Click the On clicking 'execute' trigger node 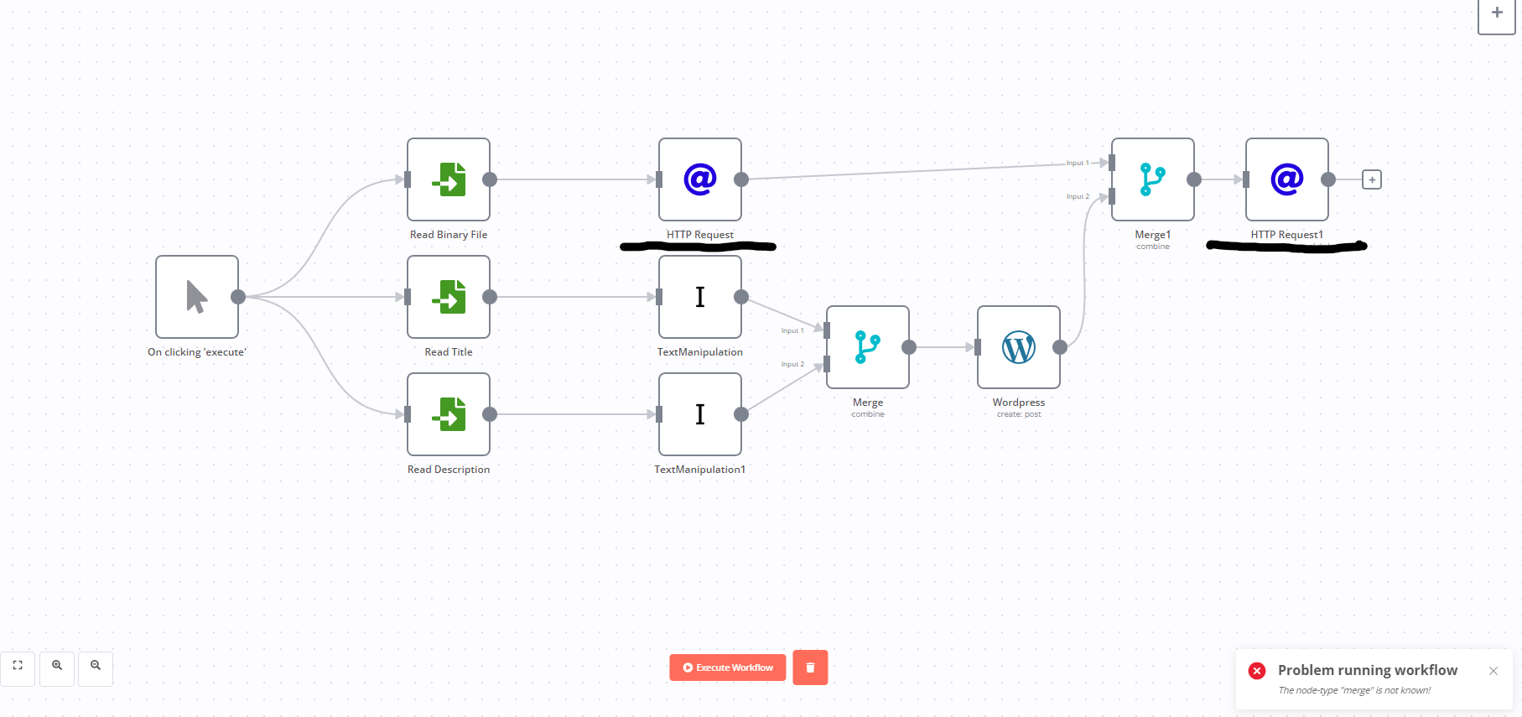pyautogui.click(x=197, y=297)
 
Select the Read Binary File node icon pyautogui.click(x=449, y=179)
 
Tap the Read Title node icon pyautogui.click(x=449, y=297)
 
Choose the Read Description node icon pyautogui.click(x=449, y=414)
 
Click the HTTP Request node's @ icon pyautogui.click(x=700, y=179)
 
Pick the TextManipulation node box pyautogui.click(x=700, y=297)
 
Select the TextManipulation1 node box pyautogui.click(x=700, y=414)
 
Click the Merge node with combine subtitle pyautogui.click(x=868, y=347)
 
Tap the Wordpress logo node pyautogui.click(x=1019, y=347)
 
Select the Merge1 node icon pyautogui.click(x=1153, y=179)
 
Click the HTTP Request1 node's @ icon pyautogui.click(x=1287, y=179)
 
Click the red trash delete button pyautogui.click(x=810, y=668)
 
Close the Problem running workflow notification pyautogui.click(x=1493, y=671)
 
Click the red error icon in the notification pyautogui.click(x=1257, y=671)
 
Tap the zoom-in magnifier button pyautogui.click(x=57, y=666)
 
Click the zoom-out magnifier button pyautogui.click(x=96, y=666)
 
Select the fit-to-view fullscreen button pyautogui.click(x=18, y=666)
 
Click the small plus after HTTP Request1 pyautogui.click(x=1372, y=179)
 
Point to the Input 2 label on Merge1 pyautogui.click(x=1078, y=197)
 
